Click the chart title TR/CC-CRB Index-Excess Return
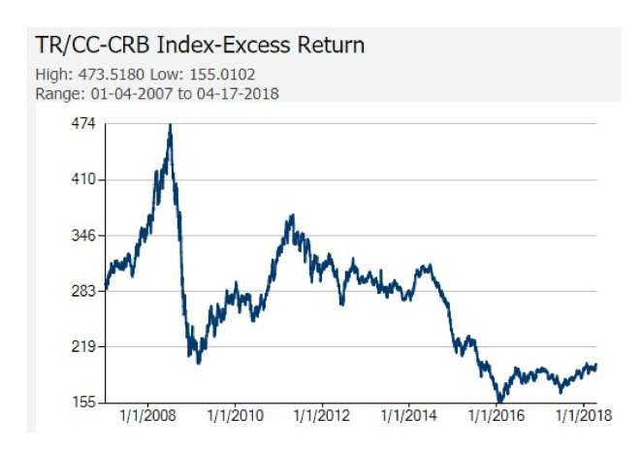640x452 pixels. (x=200, y=46)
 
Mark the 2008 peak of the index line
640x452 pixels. (x=171, y=125)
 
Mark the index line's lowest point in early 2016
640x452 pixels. (x=500, y=401)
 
